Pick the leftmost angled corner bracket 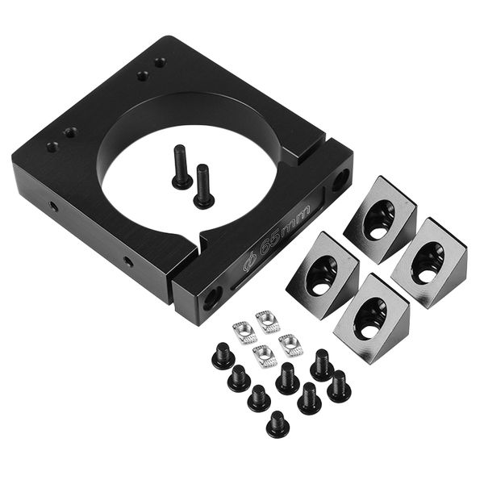[x=322, y=264]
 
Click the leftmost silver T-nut [x=244, y=330]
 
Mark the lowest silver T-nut [x=265, y=355]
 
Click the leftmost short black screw [x=223, y=356]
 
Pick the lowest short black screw [x=277, y=423]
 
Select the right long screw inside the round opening [x=202, y=185]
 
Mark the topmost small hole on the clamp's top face [x=160, y=61]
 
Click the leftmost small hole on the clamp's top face [x=52, y=147]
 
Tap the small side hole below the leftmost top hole [x=53, y=206]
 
